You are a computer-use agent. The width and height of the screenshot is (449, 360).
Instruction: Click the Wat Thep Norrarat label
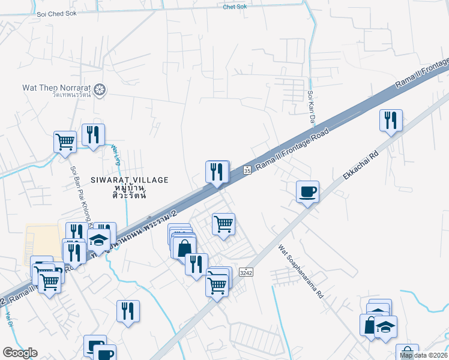[56, 87]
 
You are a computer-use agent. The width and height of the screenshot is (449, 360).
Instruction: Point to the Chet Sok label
[234, 7]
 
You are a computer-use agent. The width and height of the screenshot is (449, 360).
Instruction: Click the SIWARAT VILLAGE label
[130, 179]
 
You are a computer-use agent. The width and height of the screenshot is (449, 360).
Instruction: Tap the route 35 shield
[247, 171]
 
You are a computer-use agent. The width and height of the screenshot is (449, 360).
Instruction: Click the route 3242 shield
[245, 272]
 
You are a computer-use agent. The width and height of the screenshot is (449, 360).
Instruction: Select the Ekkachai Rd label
[359, 162]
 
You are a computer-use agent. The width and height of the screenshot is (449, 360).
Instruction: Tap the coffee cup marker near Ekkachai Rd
[307, 191]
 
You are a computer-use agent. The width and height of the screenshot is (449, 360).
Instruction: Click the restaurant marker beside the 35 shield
[217, 172]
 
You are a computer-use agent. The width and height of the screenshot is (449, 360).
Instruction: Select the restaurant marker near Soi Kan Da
[390, 120]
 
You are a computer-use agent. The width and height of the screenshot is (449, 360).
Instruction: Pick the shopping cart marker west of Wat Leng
[65, 142]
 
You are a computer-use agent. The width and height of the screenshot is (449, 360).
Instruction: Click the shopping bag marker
[184, 247]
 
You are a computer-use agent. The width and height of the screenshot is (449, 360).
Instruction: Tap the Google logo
[20, 353]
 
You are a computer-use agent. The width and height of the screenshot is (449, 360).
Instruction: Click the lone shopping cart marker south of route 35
[223, 224]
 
